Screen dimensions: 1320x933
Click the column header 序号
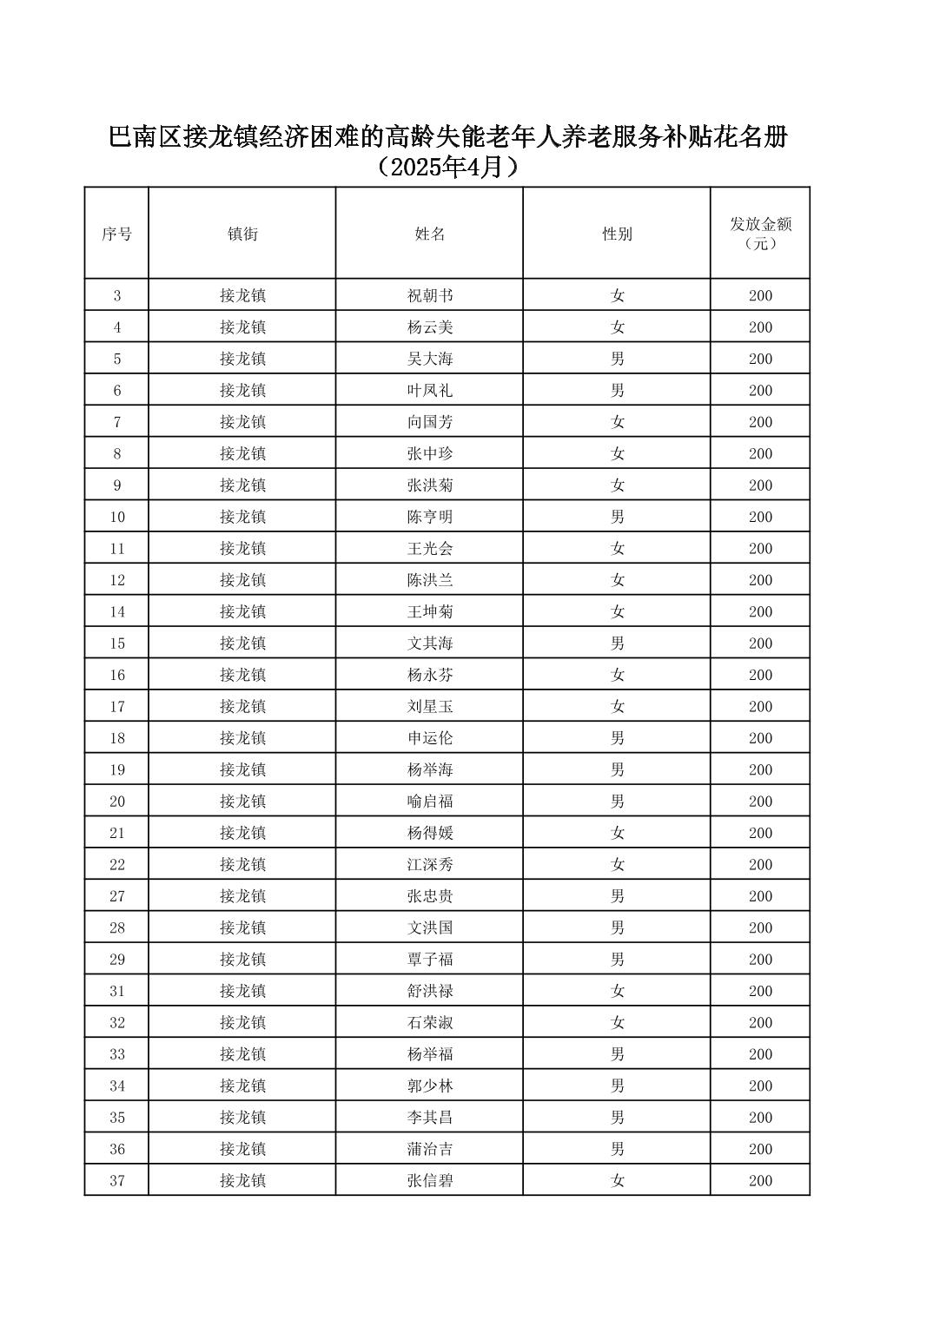tap(117, 234)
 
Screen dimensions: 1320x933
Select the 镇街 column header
tap(242, 234)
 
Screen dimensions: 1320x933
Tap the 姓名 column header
tap(430, 234)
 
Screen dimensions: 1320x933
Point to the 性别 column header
tap(617, 234)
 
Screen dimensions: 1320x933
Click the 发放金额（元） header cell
tap(760, 234)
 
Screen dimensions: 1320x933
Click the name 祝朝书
tap(430, 296)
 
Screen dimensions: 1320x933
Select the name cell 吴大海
tap(430, 360)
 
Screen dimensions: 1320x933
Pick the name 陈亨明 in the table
tap(430, 518)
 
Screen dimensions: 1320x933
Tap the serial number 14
tap(117, 612)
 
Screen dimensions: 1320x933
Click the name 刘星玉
tap(430, 707)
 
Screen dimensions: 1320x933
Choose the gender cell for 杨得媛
tap(617, 834)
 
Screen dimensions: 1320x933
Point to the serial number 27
tap(117, 896)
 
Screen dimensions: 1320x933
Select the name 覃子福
tap(430, 960)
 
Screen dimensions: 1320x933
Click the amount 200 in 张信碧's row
tap(760, 1181)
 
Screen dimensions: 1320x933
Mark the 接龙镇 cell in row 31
tap(242, 991)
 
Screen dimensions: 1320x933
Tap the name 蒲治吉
tap(430, 1149)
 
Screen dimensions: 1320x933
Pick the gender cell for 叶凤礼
tap(617, 391)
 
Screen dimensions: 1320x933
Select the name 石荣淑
tap(430, 1023)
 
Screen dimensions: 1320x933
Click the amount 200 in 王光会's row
tap(760, 549)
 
